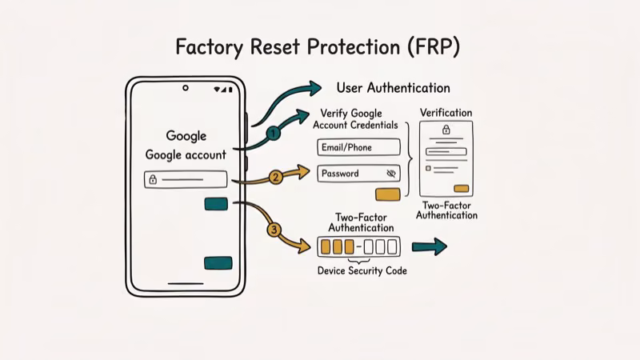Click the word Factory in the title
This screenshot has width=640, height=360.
coord(210,47)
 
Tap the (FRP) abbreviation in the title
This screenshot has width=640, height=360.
coord(433,47)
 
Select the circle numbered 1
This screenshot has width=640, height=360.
coord(273,134)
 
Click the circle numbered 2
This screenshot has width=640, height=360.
coord(274,178)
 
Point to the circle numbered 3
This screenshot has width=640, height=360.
coord(274,230)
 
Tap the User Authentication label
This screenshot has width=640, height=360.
coord(393,88)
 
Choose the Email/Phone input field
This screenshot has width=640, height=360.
coord(358,147)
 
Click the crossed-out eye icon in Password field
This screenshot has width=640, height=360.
coord(390,174)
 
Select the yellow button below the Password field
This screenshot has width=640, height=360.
coord(387,194)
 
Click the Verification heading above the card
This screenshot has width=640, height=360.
coord(446,113)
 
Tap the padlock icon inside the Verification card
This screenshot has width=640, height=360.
coord(446,130)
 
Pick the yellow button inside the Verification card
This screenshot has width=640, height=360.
coord(462,189)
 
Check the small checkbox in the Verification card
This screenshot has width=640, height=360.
coord(429,168)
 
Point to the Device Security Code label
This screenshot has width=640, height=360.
coord(362,270)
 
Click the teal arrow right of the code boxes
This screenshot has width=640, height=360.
coord(429,247)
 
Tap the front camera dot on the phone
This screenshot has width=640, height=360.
coord(186,88)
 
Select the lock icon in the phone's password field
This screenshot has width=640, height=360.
coord(153,180)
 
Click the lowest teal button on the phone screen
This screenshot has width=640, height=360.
coord(218,263)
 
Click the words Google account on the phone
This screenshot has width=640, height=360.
coord(186,154)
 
